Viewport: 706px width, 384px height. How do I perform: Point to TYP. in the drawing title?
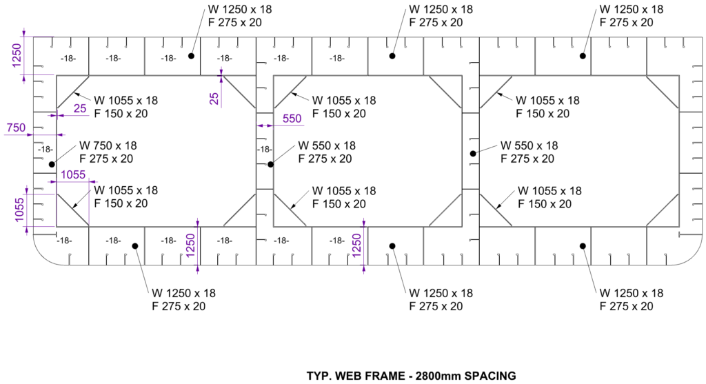click(x=319, y=376)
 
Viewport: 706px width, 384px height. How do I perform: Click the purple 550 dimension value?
click(x=292, y=119)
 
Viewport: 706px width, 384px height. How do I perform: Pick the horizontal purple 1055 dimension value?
click(x=73, y=175)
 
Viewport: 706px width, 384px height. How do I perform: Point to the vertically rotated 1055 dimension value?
click(x=21, y=207)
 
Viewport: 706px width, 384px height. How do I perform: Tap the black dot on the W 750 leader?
click(x=52, y=164)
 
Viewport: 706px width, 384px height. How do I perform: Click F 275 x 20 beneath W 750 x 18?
click(x=108, y=159)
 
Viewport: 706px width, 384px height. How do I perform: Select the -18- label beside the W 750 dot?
click(x=46, y=150)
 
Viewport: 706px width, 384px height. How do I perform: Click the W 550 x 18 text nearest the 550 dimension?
click(x=327, y=145)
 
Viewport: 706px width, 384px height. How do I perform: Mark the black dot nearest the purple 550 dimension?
click(x=271, y=164)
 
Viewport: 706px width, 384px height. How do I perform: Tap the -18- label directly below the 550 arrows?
click(x=264, y=150)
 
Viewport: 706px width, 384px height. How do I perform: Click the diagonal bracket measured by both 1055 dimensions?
click(x=72, y=209)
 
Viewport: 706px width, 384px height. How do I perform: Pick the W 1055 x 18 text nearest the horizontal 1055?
click(x=125, y=190)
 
